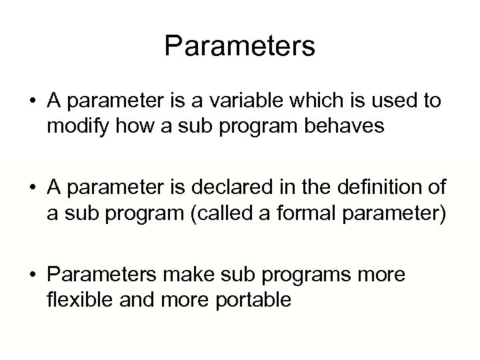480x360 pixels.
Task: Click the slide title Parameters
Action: (x=239, y=46)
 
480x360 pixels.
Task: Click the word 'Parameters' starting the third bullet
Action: (x=101, y=275)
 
